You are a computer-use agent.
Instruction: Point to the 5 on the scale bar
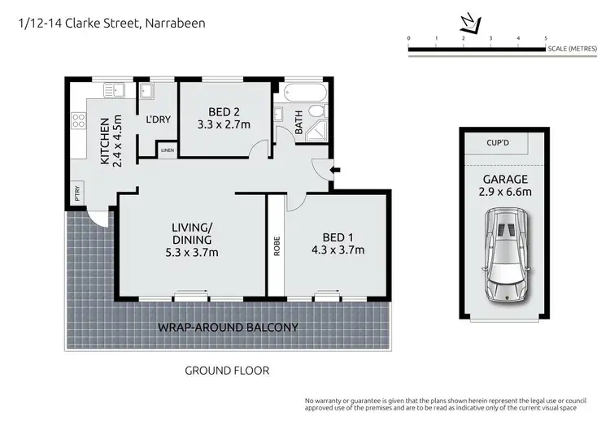pos(546,38)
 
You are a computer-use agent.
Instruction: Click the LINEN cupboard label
pos(168,150)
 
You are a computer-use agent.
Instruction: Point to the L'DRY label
pos(158,119)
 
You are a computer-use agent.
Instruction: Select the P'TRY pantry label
pos(77,194)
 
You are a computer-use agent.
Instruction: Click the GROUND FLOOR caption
pos(227,371)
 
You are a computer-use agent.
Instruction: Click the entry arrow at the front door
pos(336,169)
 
